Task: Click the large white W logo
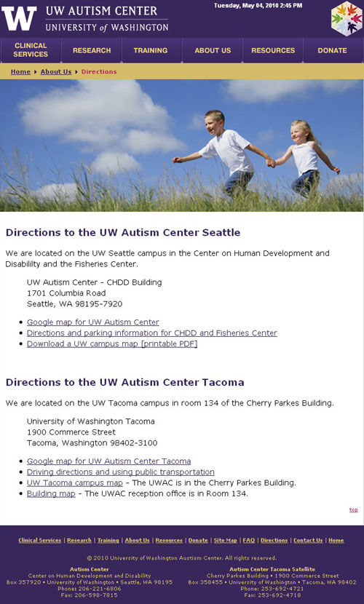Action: point(19,18)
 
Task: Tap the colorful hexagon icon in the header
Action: point(347,18)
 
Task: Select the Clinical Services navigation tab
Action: point(31,50)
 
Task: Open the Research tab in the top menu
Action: point(92,50)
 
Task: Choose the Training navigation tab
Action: point(151,50)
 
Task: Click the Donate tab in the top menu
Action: point(333,50)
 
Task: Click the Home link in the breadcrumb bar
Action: point(20,71)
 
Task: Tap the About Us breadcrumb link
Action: point(56,71)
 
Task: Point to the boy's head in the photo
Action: point(215,122)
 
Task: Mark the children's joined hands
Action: point(271,163)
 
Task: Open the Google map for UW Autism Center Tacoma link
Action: point(108,461)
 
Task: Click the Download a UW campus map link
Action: point(112,343)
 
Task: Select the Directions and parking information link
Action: point(151,333)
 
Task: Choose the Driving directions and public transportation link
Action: point(121,472)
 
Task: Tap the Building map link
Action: point(51,493)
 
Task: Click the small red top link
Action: point(354,509)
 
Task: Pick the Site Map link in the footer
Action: point(226,541)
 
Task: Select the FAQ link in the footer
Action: point(249,541)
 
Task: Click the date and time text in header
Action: point(258,6)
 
